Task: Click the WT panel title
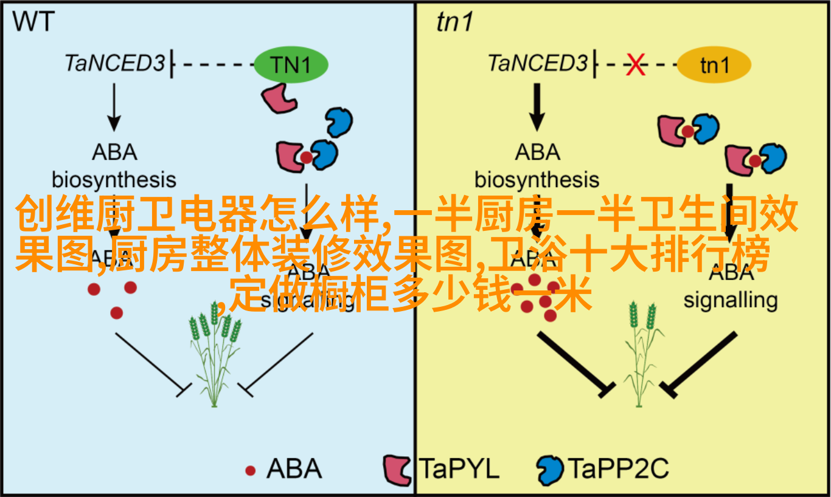tap(33, 22)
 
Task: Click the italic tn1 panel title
tap(454, 22)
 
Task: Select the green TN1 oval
tap(291, 65)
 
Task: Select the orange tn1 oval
tap(714, 65)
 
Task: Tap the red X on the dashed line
tap(636, 64)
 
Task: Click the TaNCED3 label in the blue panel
tap(115, 63)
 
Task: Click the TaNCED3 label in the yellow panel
tap(538, 63)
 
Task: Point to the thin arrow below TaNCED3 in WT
tap(113, 106)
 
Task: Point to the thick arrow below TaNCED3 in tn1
tap(536, 106)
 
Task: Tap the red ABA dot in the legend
tap(250, 470)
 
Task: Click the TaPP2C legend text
tap(618, 469)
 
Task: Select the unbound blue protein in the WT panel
tap(338, 122)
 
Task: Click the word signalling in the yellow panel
tap(731, 300)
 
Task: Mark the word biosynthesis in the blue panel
tap(114, 180)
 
